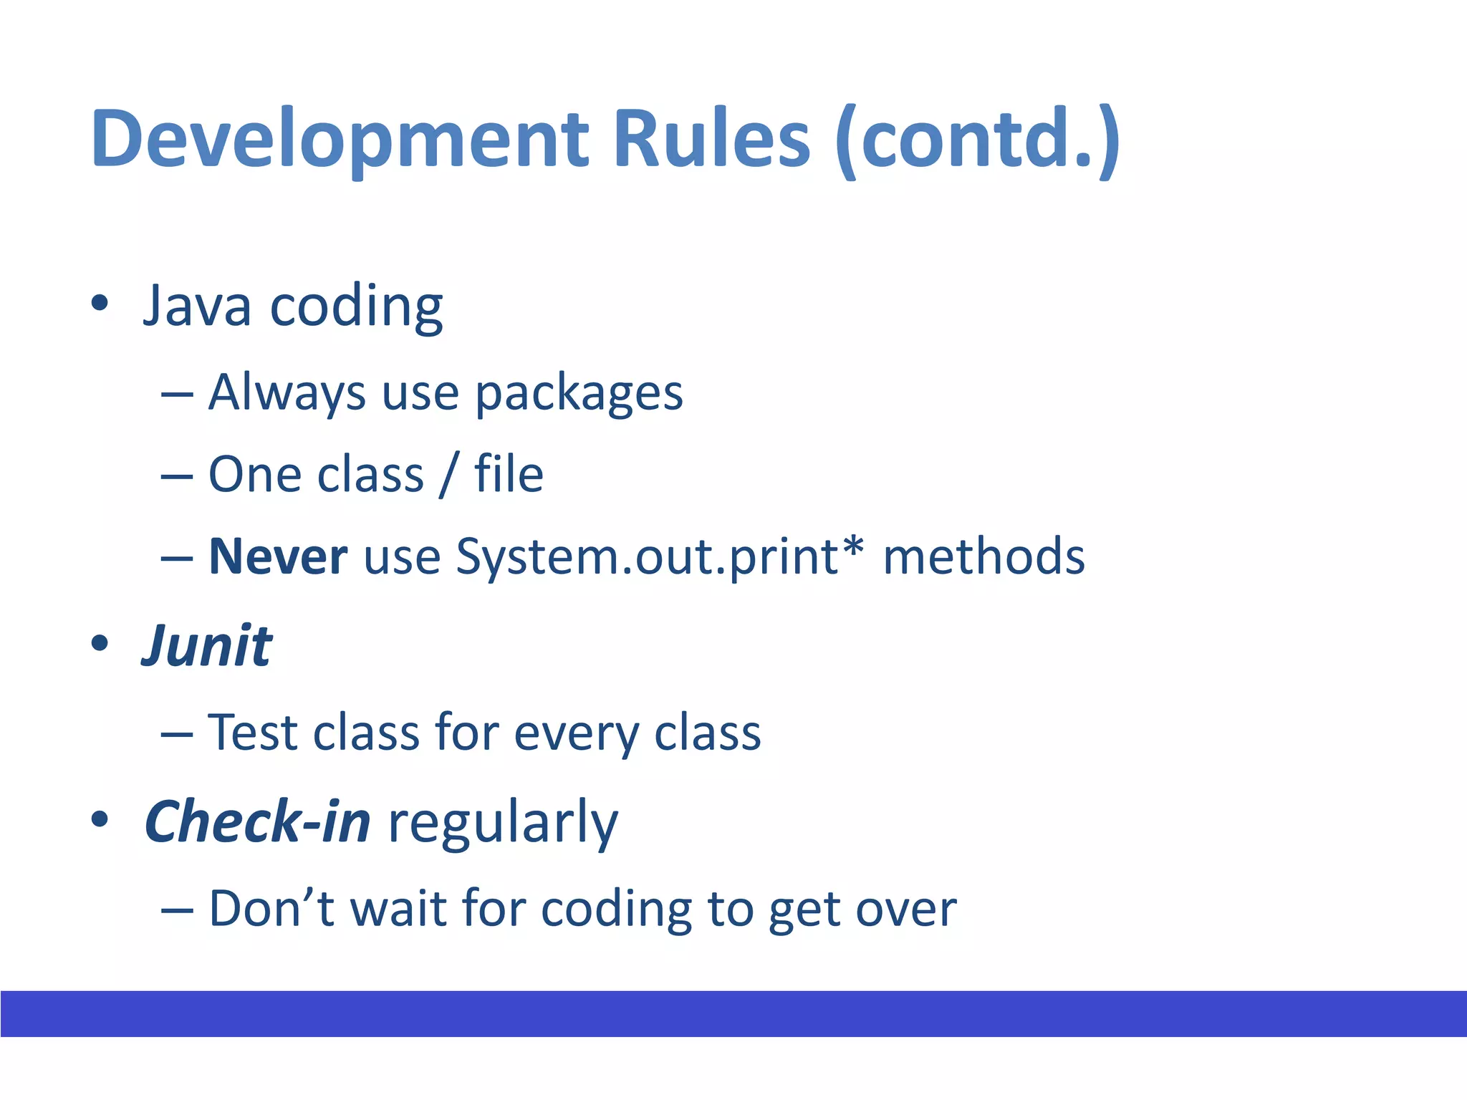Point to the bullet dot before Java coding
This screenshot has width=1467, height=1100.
(x=100, y=303)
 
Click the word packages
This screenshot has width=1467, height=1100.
(x=579, y=394)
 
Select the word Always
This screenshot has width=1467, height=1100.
(x=287, y=394)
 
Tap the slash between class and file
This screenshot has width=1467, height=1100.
(x=448, y=475)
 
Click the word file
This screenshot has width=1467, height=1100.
(x=509, y=474)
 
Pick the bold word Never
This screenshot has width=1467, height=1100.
(x=278, y=556)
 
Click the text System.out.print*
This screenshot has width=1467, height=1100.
(x=660, y=556)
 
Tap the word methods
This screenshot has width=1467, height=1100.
(x=983, y=556)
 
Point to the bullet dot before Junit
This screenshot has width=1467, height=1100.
(x=100, y=643)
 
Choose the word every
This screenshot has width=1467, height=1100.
(x=576, y=735)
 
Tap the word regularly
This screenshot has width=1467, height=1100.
(x=503, y=824)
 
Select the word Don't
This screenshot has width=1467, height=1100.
(x=271, y=908)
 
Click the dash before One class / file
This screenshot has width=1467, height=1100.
(x=177, y=476)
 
